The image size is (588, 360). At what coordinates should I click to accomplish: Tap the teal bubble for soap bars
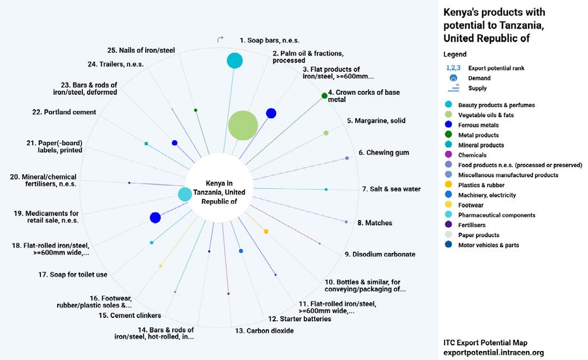[234, 61]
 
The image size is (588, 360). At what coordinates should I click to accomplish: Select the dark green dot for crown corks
[324, 96]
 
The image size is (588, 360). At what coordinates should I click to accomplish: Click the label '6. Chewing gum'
[384, 153]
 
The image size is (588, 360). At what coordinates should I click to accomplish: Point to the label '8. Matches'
[374, 223]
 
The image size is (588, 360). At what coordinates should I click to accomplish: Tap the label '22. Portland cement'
[64, 112]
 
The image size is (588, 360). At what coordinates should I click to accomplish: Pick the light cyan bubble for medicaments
[184, 195]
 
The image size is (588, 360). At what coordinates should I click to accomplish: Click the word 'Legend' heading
[455, 54]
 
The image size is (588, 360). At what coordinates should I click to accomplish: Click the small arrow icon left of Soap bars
[220, 39]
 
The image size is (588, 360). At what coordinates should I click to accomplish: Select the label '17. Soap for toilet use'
[73, 275]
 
